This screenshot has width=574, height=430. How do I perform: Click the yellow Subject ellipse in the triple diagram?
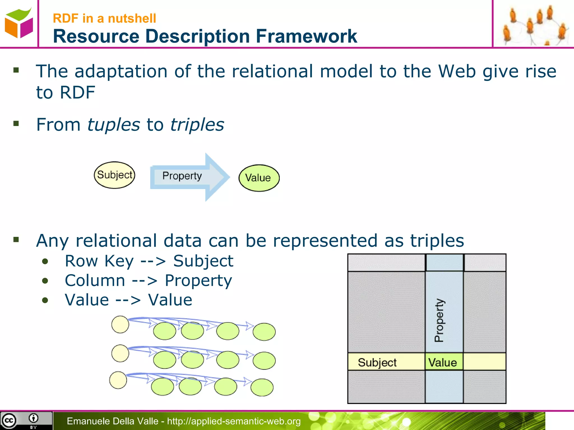coord(114,175)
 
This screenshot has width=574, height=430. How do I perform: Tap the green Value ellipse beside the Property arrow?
coord(259,178)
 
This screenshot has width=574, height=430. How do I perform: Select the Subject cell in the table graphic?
coord(377,362)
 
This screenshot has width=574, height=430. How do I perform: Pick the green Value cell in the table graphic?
coord(443,362)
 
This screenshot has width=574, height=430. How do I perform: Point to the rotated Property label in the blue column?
coord(439,320)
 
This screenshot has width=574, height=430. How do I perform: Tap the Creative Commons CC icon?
coord(9,420)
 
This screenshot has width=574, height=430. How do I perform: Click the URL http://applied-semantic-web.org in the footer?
coord(234,421)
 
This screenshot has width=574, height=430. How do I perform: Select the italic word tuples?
coord(114,125)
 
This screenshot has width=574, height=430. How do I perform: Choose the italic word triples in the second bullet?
coord(197,125)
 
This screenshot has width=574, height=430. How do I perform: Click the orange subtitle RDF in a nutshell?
coord(104,18)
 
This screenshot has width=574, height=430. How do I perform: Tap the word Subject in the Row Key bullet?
coord(203,261)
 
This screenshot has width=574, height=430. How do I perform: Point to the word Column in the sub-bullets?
coord(95,281)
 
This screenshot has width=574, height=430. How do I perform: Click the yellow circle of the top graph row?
coord(120,324)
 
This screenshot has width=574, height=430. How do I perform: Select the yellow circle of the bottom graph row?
coord(118,380)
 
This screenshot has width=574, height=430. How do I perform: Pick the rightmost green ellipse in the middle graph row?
coord(264,361)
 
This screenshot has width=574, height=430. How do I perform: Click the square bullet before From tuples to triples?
coord(16,123)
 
